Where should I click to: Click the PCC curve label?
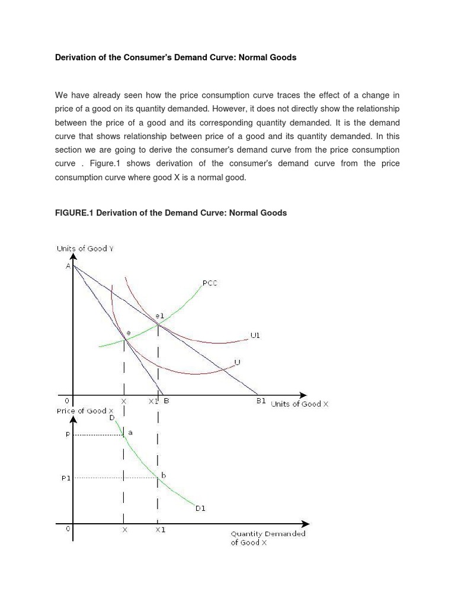point(210,283)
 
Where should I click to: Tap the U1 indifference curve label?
point(255,336)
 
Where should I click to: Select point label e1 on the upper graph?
point(159,316)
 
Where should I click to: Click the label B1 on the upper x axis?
point(261,401)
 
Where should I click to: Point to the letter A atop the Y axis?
point(68,266)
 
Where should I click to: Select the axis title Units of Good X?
point(299,404)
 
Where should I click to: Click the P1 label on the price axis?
point(66,478)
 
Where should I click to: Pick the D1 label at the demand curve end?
point(200,508)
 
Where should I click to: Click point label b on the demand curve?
point(164,475)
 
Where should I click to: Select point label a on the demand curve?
point(130,433)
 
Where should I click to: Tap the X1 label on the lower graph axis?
point(160,530)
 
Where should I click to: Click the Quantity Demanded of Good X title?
point(268,538)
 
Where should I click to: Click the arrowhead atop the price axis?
point(73,419)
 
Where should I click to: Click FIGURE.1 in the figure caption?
point(74,212)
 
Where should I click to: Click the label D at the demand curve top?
point(111,418)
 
